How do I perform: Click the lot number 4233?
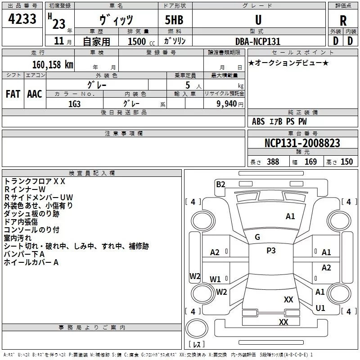[x=22, y=20]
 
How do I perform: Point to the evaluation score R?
[x=343, y=20]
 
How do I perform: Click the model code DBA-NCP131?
[x=257, y=41]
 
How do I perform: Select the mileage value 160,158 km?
[x=52, y=65]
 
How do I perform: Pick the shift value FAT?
[x=13, y=94]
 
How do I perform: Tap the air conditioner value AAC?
[x=35, y=94]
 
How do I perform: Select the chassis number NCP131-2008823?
[x=302, y=143]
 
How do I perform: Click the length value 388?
[x=273, y=162]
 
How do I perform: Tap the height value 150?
[x=346, y=162]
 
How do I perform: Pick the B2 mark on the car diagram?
[x=220, y=184]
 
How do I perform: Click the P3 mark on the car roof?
[x=271, y=251]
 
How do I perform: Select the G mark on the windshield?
[x=257, y=237]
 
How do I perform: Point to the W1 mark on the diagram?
[x=215, y=279]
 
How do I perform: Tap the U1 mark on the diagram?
[x=320, y=308]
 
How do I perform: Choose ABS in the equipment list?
[x=258, y=121]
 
